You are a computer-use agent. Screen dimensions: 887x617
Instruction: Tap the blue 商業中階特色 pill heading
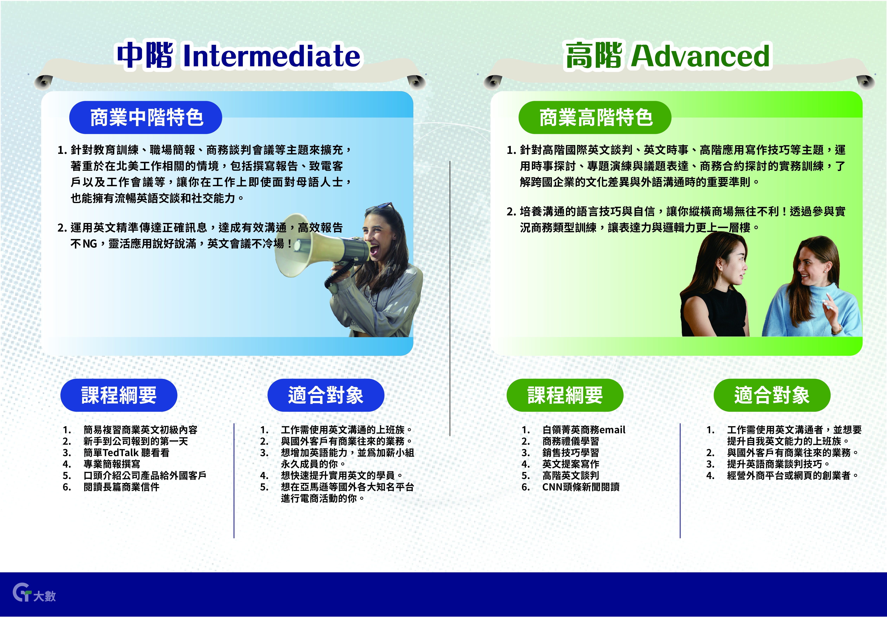[146, 117]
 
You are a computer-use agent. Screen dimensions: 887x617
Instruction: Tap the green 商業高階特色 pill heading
[595, 117]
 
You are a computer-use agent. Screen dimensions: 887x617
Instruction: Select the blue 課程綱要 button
[119, 395]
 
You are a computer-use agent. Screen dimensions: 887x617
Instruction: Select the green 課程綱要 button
[565, 395]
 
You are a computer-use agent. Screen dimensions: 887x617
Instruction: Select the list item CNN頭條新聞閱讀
[581, 487]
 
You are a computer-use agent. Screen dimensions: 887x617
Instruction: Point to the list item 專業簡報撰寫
[112, 464]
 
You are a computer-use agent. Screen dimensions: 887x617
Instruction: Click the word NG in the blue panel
[90, 244]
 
